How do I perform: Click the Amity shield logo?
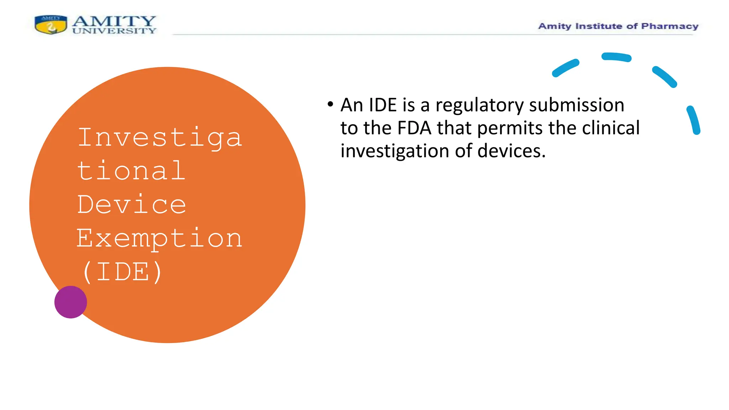pyautogui.click(x=51, y=25)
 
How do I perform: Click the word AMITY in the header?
pyautogui.click(x=114, y=21)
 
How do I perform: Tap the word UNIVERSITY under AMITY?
pyautogui.click(x=114, y=31)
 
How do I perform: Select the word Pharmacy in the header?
pyautogui.click(x=670, y=26)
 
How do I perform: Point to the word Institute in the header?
pyautogui.click(x=599, y=26)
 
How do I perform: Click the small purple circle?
pyautogui.click(x=70, y=302)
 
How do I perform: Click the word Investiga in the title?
pyautogui.click(x=160, y=137)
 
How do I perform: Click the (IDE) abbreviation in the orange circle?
pyautogui.click(x=122, y=272)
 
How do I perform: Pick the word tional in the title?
pyautogui.click(x=131, y=171)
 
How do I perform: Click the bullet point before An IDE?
pyautogui.click(x=330, y=104)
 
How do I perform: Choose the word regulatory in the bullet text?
pyautogui.click(x=479, y=105)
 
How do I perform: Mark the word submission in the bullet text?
pyautogui.click(x=577, y=105)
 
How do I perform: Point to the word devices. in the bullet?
pyautogui.click(x=511, y=151)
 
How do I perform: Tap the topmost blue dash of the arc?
pyautogui.click(x=617, y=57)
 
